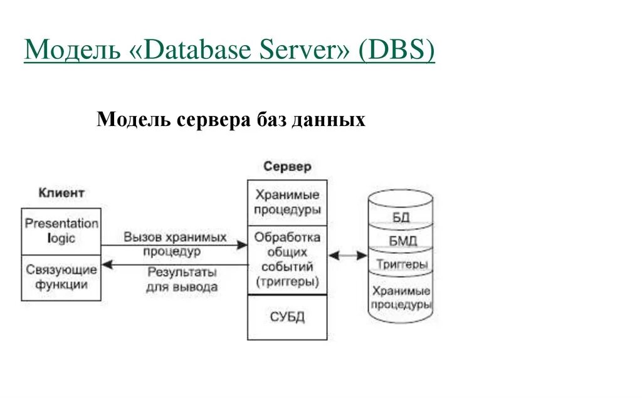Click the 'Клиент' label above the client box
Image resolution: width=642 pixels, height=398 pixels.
(61, 192)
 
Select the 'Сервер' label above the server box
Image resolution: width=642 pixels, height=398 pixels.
(287, 167)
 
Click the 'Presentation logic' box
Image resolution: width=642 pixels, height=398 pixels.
(61, 231)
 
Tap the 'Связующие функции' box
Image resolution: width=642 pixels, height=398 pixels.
(61, 277)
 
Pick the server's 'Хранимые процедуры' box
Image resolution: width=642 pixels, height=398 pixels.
(287, 202)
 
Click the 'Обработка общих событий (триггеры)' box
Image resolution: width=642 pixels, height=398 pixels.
(287, 259)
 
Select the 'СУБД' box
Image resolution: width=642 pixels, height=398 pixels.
(287, 317)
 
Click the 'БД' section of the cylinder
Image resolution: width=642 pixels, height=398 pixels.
(401, 217)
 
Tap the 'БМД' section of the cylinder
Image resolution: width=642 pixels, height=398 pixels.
(401, 240)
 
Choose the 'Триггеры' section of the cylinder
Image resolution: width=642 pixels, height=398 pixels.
(401, 264)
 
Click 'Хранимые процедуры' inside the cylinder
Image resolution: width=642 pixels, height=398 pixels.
(401, 298)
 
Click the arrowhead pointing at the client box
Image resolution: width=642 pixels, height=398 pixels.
(107, 264)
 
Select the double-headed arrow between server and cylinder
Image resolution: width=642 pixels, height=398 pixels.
(348, 255)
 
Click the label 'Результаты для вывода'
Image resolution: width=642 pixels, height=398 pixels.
(182, 280)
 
